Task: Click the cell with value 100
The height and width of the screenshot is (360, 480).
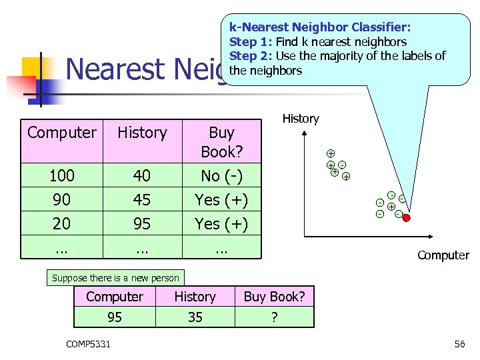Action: tap(61, 175)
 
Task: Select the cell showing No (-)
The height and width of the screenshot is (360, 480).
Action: tap(221, 175)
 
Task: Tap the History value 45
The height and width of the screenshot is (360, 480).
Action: tap(142, 199)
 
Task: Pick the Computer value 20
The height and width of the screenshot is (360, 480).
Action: tap(61, 223)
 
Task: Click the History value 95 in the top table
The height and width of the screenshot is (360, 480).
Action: tap(142, 223)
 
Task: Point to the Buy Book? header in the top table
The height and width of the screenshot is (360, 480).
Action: tap(221, 141)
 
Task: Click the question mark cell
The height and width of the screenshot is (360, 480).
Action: tap(274, 317)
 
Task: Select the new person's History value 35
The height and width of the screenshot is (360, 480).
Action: tap(195, 317)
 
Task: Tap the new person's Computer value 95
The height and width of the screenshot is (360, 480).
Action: tap(115, 317)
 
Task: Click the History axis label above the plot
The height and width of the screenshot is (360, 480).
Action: tap(301, 119)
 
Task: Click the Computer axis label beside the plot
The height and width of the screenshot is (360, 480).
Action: tap(443, 255)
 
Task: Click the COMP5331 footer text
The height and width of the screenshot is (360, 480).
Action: tap(89, 343)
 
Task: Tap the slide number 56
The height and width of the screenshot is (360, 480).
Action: tap(459, 343)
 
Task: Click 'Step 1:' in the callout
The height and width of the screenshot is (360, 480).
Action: tap(251, 42)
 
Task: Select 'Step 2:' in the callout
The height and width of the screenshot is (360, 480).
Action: tap(251, 56)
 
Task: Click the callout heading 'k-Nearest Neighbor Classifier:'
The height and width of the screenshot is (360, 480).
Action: tap(320, 28)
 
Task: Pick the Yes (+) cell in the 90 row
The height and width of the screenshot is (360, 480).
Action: tap(221, 199)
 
